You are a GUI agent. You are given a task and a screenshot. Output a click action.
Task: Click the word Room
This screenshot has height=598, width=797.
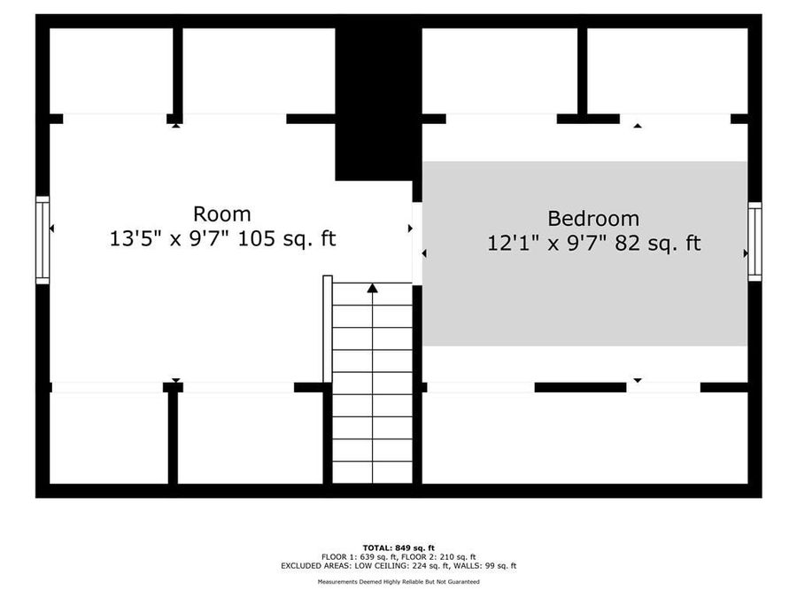221,214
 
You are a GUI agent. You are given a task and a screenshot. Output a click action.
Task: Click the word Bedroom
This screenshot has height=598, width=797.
592,218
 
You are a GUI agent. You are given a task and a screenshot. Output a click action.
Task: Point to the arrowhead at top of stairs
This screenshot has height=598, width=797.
373,288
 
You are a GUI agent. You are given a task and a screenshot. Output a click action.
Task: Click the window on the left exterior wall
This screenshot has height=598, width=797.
43,240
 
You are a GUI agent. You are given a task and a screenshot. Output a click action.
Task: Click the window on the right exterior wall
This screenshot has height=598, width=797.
754,241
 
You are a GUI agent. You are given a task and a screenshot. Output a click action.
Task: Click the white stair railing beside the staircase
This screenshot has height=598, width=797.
328,328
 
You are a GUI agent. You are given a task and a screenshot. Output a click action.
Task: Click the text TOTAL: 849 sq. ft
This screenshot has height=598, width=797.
398,548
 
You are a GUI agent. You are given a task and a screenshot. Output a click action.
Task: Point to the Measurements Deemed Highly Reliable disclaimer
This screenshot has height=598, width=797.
398,582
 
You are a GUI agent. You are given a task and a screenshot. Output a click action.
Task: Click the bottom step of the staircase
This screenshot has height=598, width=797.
373,472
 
